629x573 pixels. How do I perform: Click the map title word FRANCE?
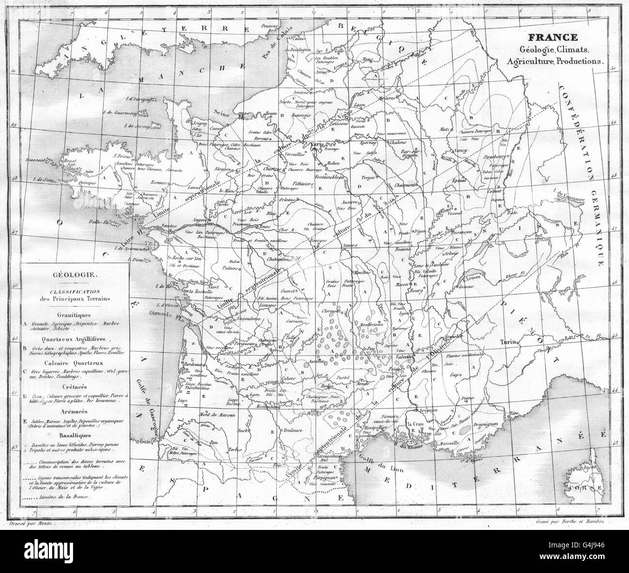pyautogui.click(x=552, y=37)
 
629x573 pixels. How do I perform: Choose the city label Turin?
pyautogui.click(x=510, y=342)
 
